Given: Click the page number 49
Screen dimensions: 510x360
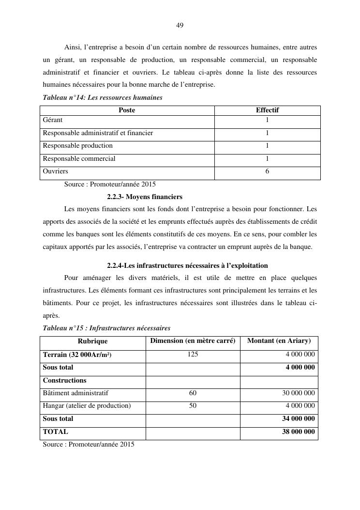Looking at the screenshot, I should [180, 25].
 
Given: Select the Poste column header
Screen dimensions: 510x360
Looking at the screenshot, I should [127, 110].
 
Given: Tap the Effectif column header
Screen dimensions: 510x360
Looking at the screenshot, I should [267, 110].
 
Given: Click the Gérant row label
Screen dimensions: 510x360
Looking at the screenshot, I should [53, 120].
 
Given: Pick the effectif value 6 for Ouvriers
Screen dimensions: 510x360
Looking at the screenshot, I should [267, 171].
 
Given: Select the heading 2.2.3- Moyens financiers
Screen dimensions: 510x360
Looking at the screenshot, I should [145, 197].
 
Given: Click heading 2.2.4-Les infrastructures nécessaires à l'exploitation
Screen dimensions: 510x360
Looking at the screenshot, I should [187, 266].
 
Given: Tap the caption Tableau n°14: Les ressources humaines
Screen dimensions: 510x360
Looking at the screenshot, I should [103, 98].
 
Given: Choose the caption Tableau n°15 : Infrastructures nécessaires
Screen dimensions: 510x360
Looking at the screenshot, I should [106, 328].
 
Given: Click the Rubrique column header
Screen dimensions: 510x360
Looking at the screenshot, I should [92, 341].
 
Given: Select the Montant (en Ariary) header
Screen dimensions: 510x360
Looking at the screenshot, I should [279, 341].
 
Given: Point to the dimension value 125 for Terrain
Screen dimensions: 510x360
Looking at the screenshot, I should [193, 355].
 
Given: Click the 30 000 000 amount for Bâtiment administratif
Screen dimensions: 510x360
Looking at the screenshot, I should [298, 393].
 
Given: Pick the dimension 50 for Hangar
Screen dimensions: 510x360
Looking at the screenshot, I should [193, 406].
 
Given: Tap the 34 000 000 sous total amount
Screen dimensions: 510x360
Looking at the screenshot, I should [298, 419].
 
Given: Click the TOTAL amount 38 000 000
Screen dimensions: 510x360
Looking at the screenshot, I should [298, 432].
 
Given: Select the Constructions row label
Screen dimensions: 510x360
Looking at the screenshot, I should [65, 381].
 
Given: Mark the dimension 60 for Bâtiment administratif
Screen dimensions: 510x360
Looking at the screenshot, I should [193, 393].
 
